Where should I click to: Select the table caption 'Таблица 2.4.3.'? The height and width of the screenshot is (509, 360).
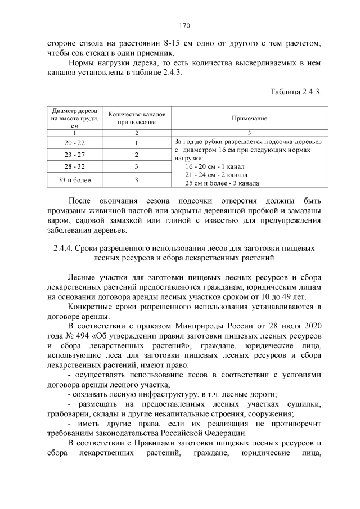tap(295, 92)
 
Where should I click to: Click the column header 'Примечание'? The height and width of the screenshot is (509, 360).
tap(249, 119)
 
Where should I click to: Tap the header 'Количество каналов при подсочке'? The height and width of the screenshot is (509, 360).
tap(136, 118)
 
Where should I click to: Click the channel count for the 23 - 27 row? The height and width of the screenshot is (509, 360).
tap(136, 155)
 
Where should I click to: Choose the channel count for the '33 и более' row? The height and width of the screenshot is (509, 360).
tap(136, 180)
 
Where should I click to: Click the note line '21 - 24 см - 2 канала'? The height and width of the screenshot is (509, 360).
tap(213, 175)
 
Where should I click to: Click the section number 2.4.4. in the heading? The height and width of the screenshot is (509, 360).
tap(65, 248)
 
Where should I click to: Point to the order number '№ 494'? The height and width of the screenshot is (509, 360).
tap(80, 335)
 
